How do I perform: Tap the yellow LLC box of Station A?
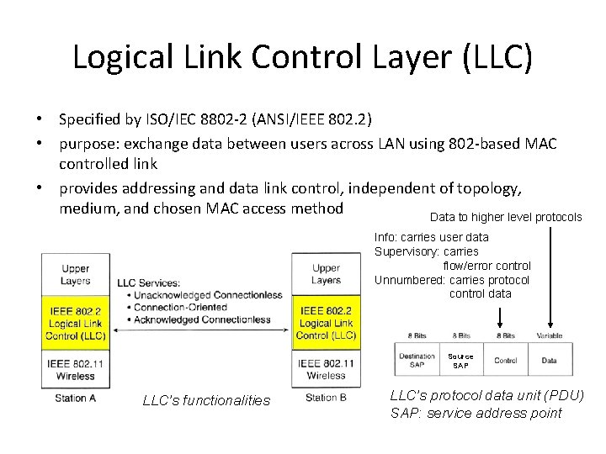click(x=75, y=324)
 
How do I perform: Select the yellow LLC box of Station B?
click(x=326, y=324)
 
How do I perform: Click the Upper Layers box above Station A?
click(x=75, y=275)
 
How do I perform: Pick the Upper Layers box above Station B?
click(x=326, y=275)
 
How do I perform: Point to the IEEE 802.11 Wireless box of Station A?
click(x=75, y=370)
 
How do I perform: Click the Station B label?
click(x=326, y=398)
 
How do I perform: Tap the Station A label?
click(x=75, y=398)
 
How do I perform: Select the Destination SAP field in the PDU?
click(x=417, y=361)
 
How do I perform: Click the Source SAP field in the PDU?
click(x=460, y=361)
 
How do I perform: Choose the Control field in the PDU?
click(x=505, y=361)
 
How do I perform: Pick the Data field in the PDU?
click(x=549, y=361)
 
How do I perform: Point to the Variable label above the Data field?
click(x=549, y=336)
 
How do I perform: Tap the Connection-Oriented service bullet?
click(x=177, y=308)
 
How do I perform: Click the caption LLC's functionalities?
click(x=207, y=401)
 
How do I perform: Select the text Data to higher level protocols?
click(x=505, y=217)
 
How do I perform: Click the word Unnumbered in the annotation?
click(x=409, y=281)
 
